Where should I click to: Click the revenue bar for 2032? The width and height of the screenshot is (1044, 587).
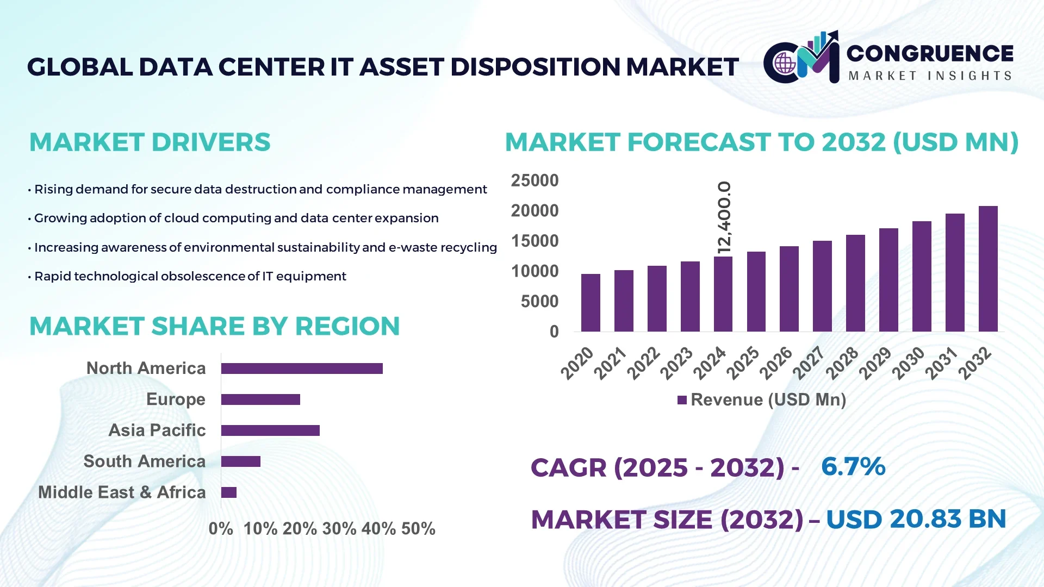(987, 269)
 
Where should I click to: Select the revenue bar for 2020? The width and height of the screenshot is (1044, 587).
(591, 303)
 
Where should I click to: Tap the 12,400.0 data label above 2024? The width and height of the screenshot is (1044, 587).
(724, 217)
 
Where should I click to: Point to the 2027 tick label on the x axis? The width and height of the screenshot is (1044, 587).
(809, 363)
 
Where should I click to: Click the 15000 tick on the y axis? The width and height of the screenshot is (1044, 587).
(535, 241)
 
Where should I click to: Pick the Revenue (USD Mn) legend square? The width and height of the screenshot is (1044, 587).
(682, 400)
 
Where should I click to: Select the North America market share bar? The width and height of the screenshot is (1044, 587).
(302, 369)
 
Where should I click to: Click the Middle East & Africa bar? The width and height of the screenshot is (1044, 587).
(229, 492)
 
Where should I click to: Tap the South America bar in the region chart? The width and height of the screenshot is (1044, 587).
(241, 461)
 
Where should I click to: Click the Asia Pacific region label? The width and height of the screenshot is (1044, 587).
(157, 430)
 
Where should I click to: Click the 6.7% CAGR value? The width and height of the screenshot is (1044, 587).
(853, 466)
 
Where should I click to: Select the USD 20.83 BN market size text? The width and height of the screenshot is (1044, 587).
(916, 519)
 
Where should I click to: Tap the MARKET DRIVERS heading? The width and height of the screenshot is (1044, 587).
(150, 142)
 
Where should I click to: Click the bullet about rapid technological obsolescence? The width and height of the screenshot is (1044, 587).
(190, 276)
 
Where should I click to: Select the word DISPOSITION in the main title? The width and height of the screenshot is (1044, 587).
(535, 67)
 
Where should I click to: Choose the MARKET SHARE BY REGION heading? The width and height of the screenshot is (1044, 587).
(214, 326)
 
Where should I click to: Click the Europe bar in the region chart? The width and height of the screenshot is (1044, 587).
(260, 399)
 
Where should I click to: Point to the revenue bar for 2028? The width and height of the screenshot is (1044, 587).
(855, 283)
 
